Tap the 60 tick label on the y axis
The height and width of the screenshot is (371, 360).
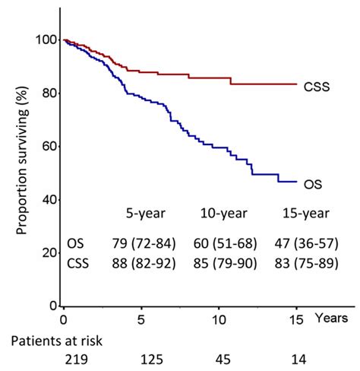pyautogui.click(x=47, y=146)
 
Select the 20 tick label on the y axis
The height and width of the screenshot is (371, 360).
pyautogui.click(x=47, y=252)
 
